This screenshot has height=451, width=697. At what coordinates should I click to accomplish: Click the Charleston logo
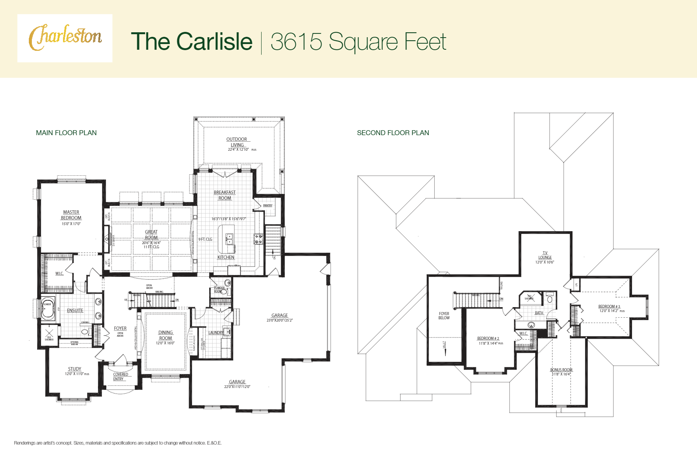click(x=65, y=38)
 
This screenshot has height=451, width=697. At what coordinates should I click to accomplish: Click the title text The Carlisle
click(x=191, y=41)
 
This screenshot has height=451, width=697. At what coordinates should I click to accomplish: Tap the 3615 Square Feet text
click(x=358, y=41)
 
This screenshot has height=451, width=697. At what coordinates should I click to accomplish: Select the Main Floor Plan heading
click(x=66, y=133)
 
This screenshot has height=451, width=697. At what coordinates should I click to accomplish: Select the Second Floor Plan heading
click(x=393, y=133)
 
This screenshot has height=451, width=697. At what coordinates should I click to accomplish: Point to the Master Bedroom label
click(x=71, y=215)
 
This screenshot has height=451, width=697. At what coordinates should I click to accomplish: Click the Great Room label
click(x=151, y=235)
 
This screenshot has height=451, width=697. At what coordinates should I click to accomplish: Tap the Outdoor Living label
click(x=237, y=142)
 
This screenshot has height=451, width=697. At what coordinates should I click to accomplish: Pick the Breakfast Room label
click(x=225, y=195)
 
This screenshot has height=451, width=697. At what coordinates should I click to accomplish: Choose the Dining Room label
click(x=166, y=335)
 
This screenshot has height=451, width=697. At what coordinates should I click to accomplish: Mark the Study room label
click(x=75, y=369)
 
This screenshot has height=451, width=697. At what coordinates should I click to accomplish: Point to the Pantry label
click(x=268, y=205)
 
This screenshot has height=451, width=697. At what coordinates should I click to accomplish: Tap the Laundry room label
click(x=216, y=333)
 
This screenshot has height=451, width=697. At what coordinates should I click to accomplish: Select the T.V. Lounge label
click(x=545, y=255)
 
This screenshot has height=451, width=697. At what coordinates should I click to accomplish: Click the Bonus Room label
click(x=561, y=370)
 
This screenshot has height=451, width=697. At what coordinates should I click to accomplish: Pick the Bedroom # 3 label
click(x=609, y=307)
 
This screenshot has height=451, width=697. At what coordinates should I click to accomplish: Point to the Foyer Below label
click(x=444, y=316)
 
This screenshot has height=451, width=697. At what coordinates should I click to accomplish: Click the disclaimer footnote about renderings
click(x=118, y=443)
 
